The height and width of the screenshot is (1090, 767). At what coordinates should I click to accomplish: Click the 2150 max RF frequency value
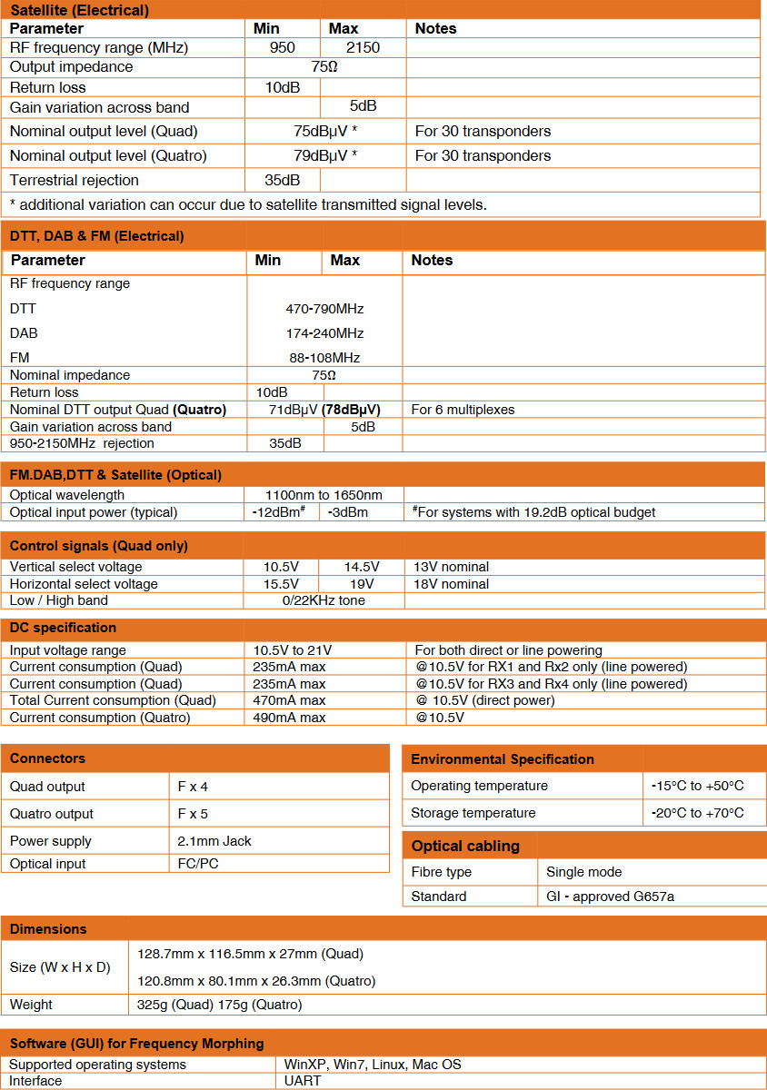[363, 47]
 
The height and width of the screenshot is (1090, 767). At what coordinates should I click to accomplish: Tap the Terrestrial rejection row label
[75, 180]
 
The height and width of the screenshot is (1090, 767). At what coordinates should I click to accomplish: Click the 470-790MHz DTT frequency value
[324, 309]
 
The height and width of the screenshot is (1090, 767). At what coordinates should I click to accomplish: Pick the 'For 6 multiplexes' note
[463, 410]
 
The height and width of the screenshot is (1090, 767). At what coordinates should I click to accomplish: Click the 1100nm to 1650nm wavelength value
[324, 495]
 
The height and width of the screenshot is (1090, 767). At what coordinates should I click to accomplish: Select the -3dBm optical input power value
[349, 512]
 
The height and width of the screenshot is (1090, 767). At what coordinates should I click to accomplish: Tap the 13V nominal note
[452, 567]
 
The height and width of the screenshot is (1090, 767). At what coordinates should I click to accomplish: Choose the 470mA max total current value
[289, 700]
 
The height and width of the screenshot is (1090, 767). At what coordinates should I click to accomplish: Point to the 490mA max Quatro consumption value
[289, 718]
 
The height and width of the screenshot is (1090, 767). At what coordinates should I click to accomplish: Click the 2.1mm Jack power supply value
[214, 841]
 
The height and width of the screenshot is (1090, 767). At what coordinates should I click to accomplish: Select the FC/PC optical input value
[198, 864]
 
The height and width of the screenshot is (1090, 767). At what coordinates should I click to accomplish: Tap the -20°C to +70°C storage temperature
[697, 813]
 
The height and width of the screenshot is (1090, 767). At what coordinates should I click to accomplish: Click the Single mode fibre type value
[583, 872]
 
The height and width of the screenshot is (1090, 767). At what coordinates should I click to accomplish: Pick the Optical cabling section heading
[465, 846]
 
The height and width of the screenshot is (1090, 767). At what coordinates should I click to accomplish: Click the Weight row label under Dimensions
[31, 1005]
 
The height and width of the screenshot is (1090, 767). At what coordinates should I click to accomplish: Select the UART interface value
[302, 1081]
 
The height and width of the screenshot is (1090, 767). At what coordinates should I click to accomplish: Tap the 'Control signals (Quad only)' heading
[98, 546]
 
